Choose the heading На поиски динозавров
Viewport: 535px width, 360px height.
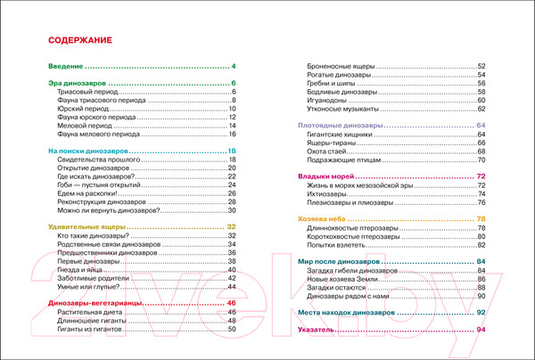(87, 151)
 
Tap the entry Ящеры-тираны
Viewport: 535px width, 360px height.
(332, 143)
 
